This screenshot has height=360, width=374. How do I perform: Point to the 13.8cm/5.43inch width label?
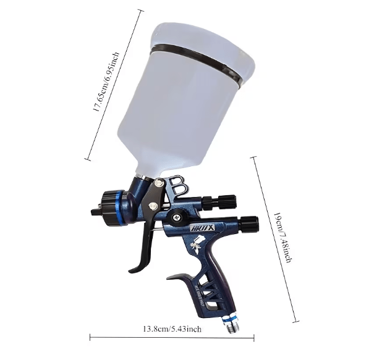click(x=172, y=329)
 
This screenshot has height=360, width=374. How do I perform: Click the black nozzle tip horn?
click(x=96, y=212)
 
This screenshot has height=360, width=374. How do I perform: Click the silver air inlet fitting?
click(x=233, y=320)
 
